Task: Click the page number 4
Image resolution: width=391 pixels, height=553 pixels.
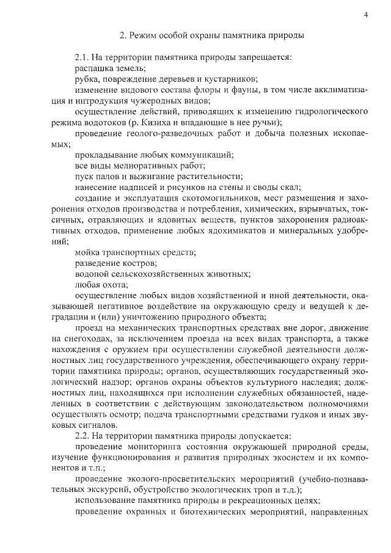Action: [365, 15]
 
